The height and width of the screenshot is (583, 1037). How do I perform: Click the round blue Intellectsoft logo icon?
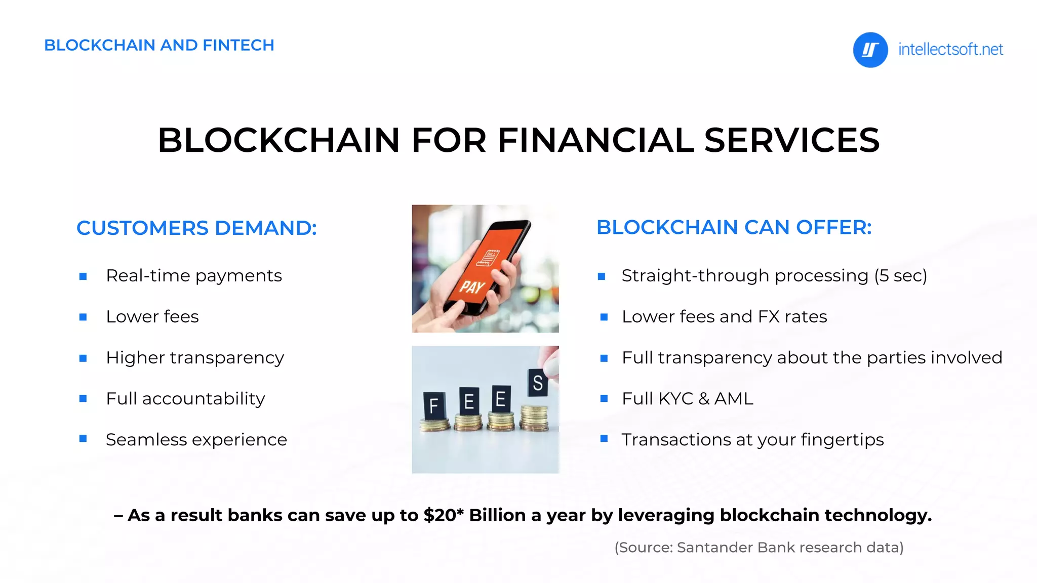point(870,50)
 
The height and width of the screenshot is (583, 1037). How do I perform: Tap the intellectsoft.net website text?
point(950,50)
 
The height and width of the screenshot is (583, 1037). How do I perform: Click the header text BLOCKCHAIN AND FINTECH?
point(159,45)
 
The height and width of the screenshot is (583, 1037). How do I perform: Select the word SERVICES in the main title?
point(792,140)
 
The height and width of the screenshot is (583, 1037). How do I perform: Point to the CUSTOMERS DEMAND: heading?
point(196,228)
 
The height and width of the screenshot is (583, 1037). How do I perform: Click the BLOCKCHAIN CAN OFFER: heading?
point(734,227)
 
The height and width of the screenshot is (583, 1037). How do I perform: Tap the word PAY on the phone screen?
point(472,287)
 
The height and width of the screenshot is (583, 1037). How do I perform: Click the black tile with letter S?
point(537,383)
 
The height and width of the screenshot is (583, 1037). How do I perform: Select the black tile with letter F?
point(434,405)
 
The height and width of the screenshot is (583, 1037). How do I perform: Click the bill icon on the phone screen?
point(488,258)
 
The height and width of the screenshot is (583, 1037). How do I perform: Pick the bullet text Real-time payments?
point(194,276)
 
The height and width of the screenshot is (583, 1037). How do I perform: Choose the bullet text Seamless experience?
point(196,440)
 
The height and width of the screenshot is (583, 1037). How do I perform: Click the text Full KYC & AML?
point(687,399)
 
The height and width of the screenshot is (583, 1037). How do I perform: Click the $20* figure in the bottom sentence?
point(444,515)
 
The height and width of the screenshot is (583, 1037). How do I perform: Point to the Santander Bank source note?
point(759,548)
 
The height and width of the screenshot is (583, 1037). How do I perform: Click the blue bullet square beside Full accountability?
point(83,399)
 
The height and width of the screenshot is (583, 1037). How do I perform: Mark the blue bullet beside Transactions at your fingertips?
point(604,439)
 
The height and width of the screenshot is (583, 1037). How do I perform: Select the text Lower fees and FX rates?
point(724,317)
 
